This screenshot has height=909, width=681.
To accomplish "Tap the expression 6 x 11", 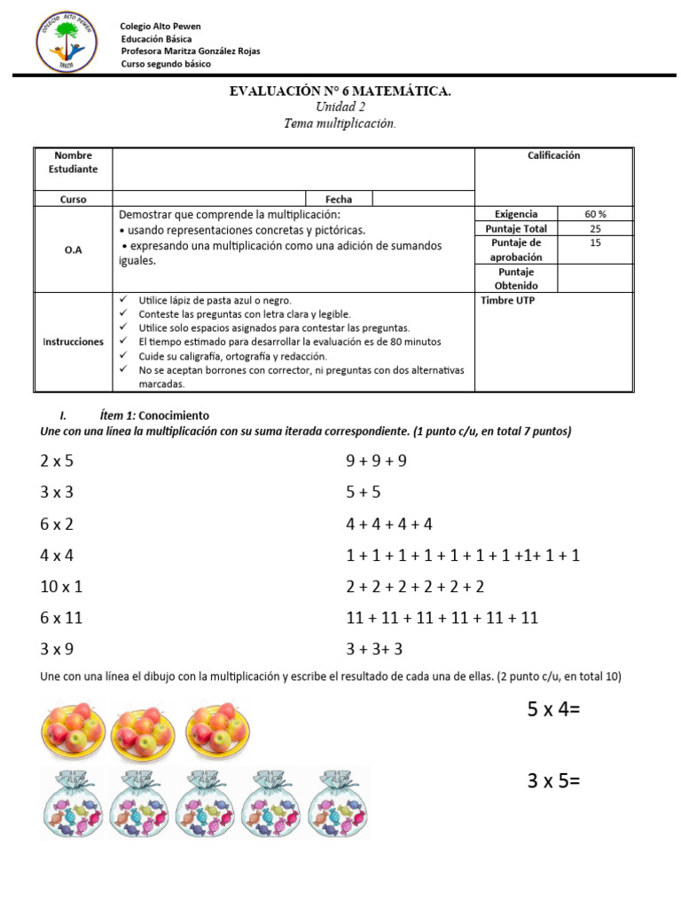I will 61,618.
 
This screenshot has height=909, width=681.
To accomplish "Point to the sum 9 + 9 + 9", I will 376,461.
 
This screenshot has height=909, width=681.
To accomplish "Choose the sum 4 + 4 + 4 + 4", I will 389,524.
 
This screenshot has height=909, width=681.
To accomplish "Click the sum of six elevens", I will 442,618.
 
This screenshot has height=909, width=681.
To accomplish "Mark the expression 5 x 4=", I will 555,710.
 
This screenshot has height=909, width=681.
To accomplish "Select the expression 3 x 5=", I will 555,781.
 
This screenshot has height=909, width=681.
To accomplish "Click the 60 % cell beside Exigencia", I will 595,214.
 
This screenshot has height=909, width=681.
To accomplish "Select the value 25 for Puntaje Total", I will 595,228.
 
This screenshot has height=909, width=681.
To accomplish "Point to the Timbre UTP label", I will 507,300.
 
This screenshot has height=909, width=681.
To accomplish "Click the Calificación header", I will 553,155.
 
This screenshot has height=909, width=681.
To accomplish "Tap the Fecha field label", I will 339,200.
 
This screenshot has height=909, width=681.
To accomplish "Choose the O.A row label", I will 74,250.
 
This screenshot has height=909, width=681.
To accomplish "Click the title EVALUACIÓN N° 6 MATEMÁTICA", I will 340,91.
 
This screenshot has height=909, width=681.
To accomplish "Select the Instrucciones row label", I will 74,342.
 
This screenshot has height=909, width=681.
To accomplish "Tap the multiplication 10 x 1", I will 61,587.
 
